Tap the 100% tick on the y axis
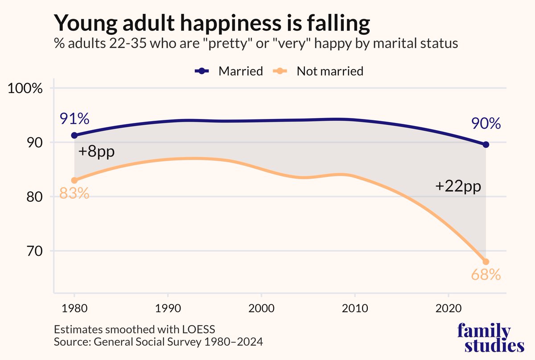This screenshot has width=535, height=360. (x=26, y=88)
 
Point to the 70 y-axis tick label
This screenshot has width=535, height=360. (x=35, y=251)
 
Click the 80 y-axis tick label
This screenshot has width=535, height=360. (x=35, y=197)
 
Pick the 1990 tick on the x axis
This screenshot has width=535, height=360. (x=168, y=308)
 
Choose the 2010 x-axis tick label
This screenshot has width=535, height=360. (x=354, y=308)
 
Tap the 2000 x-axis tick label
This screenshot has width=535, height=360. (x=261, y=308)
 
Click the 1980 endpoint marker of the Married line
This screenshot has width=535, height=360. (x=74, y=135)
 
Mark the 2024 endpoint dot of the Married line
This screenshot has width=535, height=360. (x=486, y=144)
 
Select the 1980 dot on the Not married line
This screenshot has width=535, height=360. (x=74, y=180)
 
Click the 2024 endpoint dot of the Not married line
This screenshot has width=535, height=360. (x=486, y=262)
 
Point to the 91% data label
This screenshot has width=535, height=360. (x=74, y=119)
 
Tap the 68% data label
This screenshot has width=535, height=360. (x=486, y=275)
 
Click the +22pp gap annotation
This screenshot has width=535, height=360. (x=458, y=187)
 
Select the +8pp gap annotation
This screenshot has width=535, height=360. (x=96, y=152)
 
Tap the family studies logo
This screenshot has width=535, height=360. (x=491, y=339)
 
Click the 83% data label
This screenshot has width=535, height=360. (x=74, y=194)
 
